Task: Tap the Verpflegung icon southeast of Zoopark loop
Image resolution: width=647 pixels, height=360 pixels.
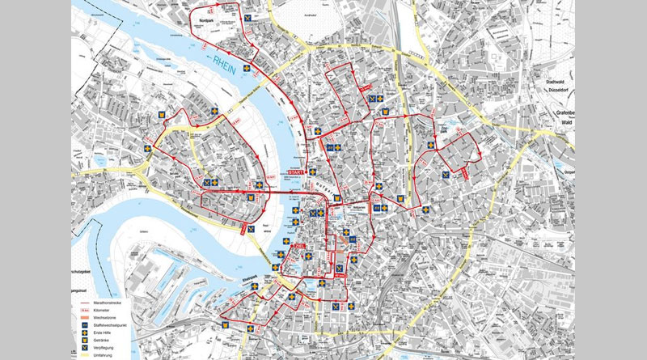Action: pyautogui.click(x=446, y=175)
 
